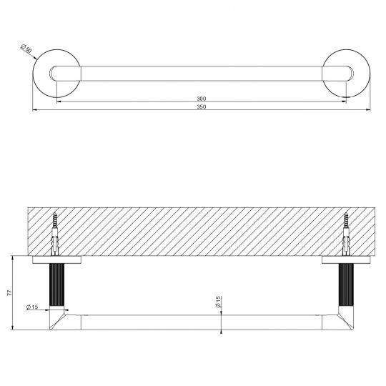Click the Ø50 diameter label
pos(26,49)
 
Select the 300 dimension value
pos(202,98)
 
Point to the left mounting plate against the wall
pos(56,259)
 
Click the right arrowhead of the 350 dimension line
pos(366,110)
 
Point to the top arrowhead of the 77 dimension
pos(14,257)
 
